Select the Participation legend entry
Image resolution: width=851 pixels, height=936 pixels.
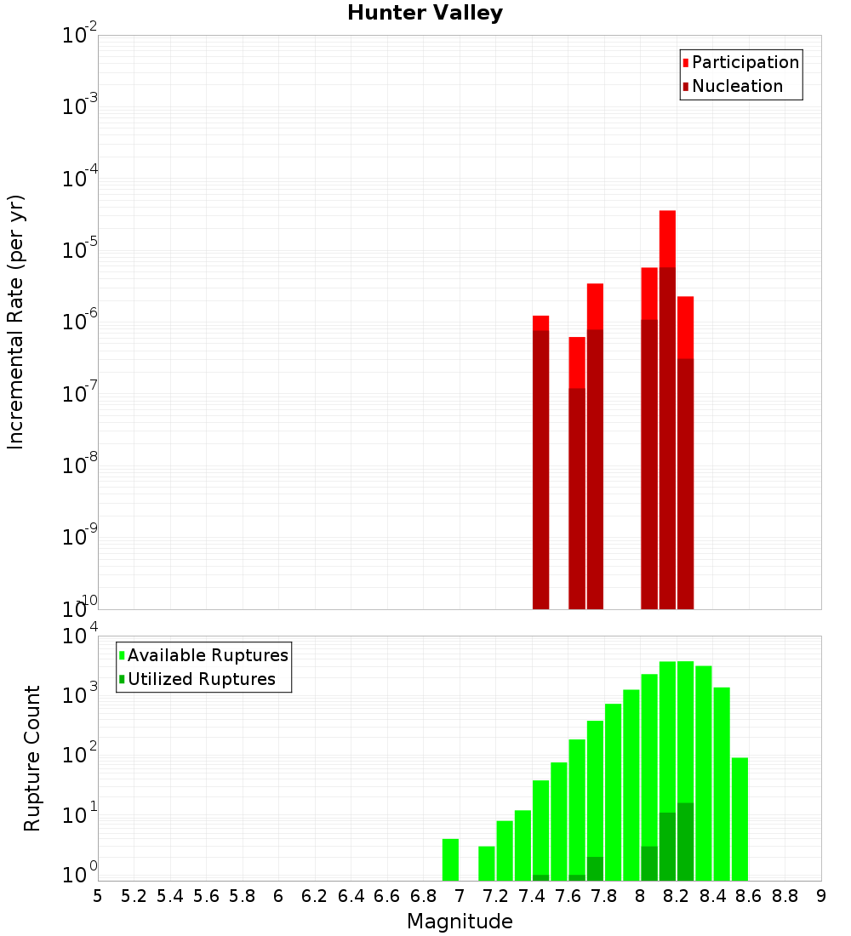(745, 63)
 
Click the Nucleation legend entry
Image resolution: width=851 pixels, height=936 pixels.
(737, 87)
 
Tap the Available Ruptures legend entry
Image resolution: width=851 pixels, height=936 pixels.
(208, 656)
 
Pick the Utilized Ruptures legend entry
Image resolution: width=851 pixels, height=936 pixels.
(201, 680)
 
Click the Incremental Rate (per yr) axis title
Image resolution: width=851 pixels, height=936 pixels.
(16, 322)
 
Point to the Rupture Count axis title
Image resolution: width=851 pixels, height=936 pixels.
(32, 758)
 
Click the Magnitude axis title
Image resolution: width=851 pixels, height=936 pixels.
(460, 922)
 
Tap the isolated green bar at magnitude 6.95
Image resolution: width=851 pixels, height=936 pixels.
(450, 859)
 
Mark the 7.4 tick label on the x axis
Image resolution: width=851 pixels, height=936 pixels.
(532, 896)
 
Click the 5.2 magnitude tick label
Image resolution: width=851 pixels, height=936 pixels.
(134, 896)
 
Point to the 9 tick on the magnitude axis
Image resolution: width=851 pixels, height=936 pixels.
(821, 896)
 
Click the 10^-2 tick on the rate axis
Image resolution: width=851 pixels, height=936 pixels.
(80, 36)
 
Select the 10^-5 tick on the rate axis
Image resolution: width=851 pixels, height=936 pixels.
(80, 250)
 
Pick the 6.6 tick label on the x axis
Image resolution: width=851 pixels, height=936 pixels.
(387, 896)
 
